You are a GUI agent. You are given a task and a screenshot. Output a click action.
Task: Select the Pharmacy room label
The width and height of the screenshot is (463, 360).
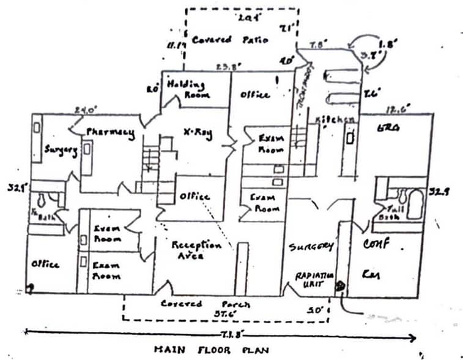click(x=111, y=133)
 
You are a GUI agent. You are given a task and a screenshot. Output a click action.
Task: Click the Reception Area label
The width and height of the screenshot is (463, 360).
click(x=196, y=250)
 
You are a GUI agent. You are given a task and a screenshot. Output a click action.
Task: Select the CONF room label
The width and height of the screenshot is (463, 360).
click(x=377, y=244)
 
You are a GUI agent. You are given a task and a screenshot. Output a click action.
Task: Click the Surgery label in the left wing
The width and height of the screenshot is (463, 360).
click(x=61, y=150)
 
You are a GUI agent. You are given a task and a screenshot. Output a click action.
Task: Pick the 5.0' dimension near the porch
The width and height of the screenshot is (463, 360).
click(x=315, y=310)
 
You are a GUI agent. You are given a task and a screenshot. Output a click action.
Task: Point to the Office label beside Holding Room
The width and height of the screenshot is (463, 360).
click(x=254, y=96)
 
